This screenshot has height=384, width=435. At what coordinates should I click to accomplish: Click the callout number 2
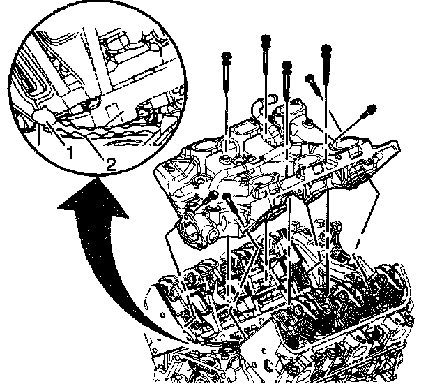(110, 164)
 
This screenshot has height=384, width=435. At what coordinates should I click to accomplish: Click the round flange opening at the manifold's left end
(191, 231)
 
